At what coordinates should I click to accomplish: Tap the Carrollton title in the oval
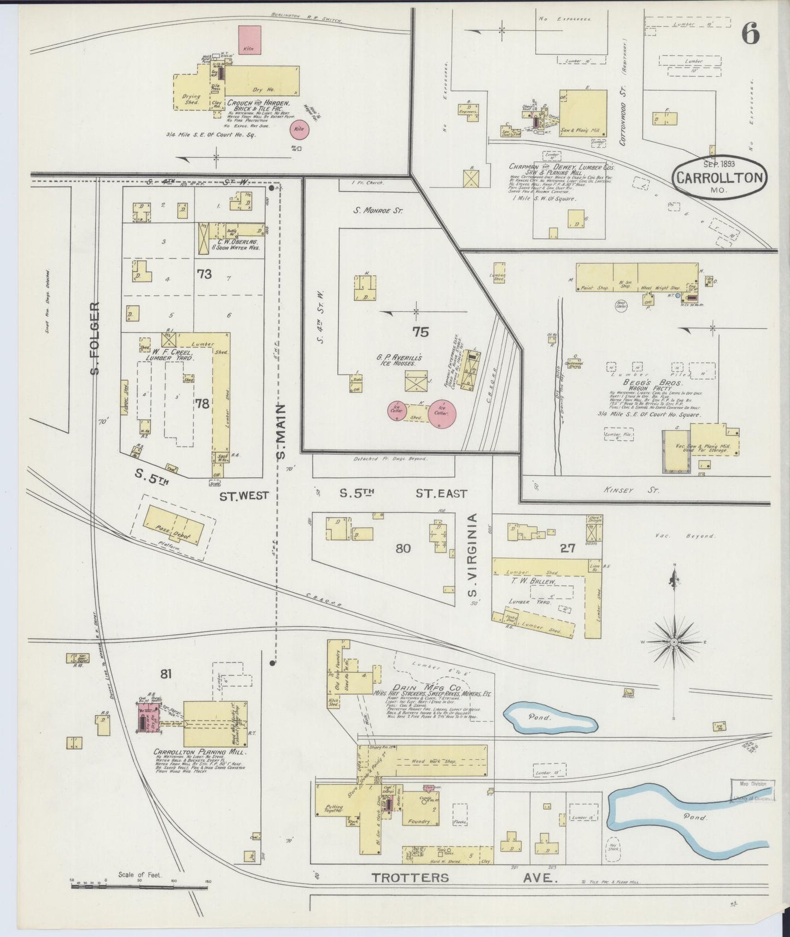(x=719, y=178)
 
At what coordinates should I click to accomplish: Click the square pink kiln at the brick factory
(x=249, y=40)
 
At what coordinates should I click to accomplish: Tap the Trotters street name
(x=410, y=878)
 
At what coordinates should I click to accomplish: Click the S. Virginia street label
(x=473, y=555)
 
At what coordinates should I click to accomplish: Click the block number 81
(x=166, y=674)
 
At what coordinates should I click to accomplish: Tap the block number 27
(x=567, y=548)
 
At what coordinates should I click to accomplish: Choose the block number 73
(x=204, y=274)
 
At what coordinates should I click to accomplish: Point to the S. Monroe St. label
(x=378, y=209)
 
